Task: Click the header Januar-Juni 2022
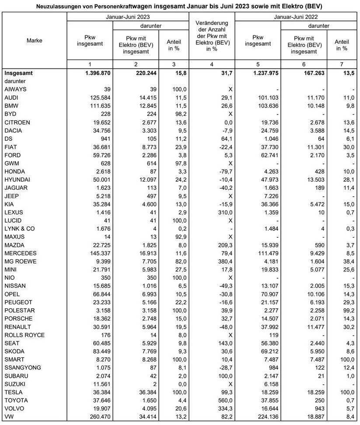tap(296, 17)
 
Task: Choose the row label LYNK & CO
tap(20, 229)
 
